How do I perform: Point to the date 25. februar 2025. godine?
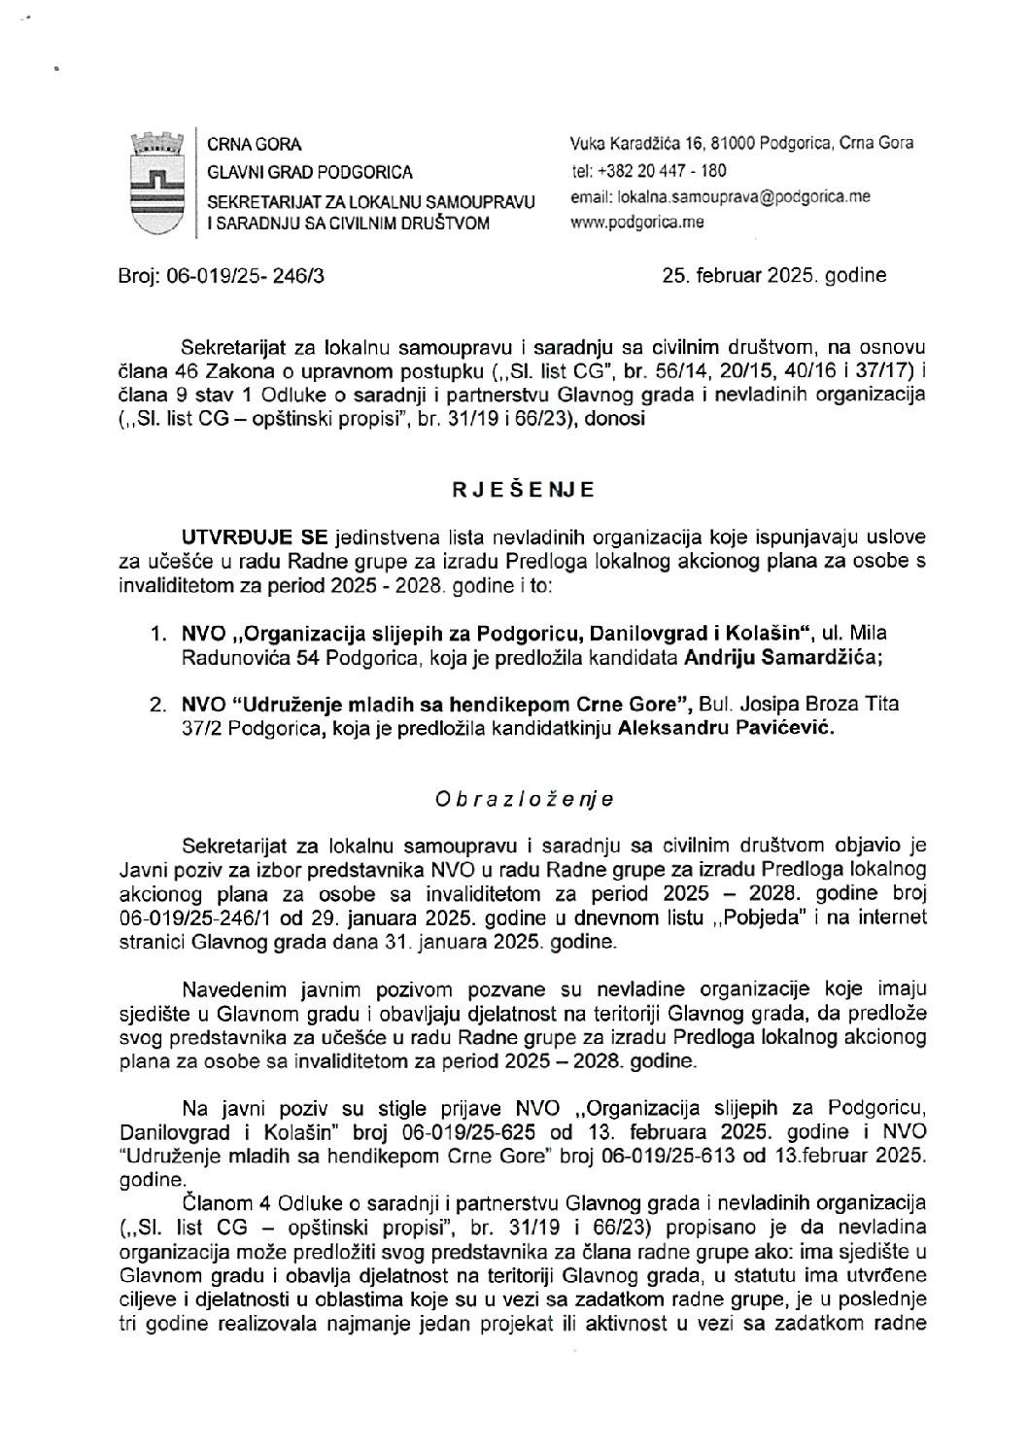773,275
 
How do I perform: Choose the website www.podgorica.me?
638,222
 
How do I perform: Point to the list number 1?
155,635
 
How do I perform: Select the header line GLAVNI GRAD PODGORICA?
310,172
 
